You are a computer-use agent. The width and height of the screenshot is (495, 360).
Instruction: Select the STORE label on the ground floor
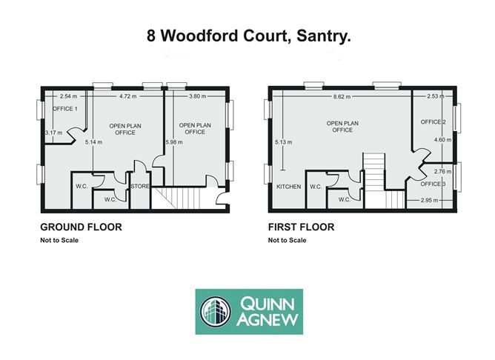(141, 186)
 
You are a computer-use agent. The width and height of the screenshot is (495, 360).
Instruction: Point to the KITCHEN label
(288, 187)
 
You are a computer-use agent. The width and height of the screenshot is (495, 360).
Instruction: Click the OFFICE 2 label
(433, 121)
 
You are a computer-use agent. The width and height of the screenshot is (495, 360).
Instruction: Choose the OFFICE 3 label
(433, 184)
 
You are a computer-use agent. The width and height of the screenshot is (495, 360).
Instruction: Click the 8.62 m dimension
(342, 96)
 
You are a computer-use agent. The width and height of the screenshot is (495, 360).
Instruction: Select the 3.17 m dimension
(54, 133)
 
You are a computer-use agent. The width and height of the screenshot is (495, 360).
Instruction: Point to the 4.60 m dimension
(442, 140)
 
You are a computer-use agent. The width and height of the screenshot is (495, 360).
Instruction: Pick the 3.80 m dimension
(197, 96)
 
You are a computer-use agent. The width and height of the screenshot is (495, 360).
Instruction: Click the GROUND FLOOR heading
(81, 227)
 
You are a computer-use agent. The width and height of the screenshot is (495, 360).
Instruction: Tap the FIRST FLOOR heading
(301, 227)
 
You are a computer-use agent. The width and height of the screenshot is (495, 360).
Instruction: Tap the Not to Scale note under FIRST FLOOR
(288, 240)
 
